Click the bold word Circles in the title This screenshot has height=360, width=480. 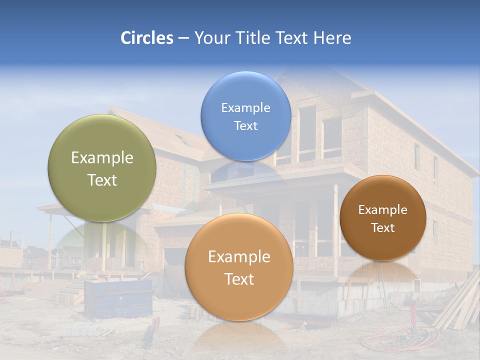point(146,38)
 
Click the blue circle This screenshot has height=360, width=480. point(245,116)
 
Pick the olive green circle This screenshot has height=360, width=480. point(102,168)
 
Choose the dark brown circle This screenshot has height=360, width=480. point(383,218)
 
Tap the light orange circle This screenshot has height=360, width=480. point(239,267)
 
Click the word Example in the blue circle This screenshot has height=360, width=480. point(245,107)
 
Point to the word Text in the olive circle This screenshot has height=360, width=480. point(102,180)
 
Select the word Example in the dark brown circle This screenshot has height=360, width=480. point(383,210)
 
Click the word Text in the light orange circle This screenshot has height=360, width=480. point(239,279)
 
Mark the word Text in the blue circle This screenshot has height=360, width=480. point(245,125)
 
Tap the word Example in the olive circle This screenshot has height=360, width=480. point(102,158)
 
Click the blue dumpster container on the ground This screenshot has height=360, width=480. point(119,299)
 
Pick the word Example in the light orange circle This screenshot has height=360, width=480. point(239,257)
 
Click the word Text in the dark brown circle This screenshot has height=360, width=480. point(383,228)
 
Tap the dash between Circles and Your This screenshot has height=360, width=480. point(183,38)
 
